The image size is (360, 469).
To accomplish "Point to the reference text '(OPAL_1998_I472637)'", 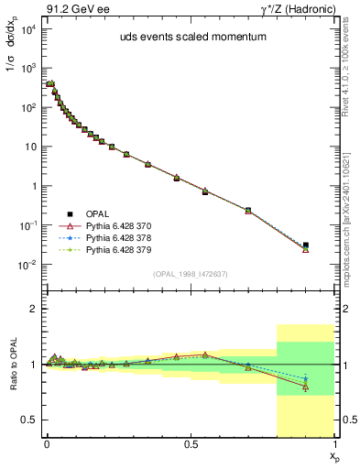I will coord(191,272).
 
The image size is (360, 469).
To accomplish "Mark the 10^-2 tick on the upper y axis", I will coord(28,265).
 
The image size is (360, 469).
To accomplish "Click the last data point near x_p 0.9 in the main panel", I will coord(306,246).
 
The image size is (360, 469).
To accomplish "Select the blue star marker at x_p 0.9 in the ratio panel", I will coord(306,378).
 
